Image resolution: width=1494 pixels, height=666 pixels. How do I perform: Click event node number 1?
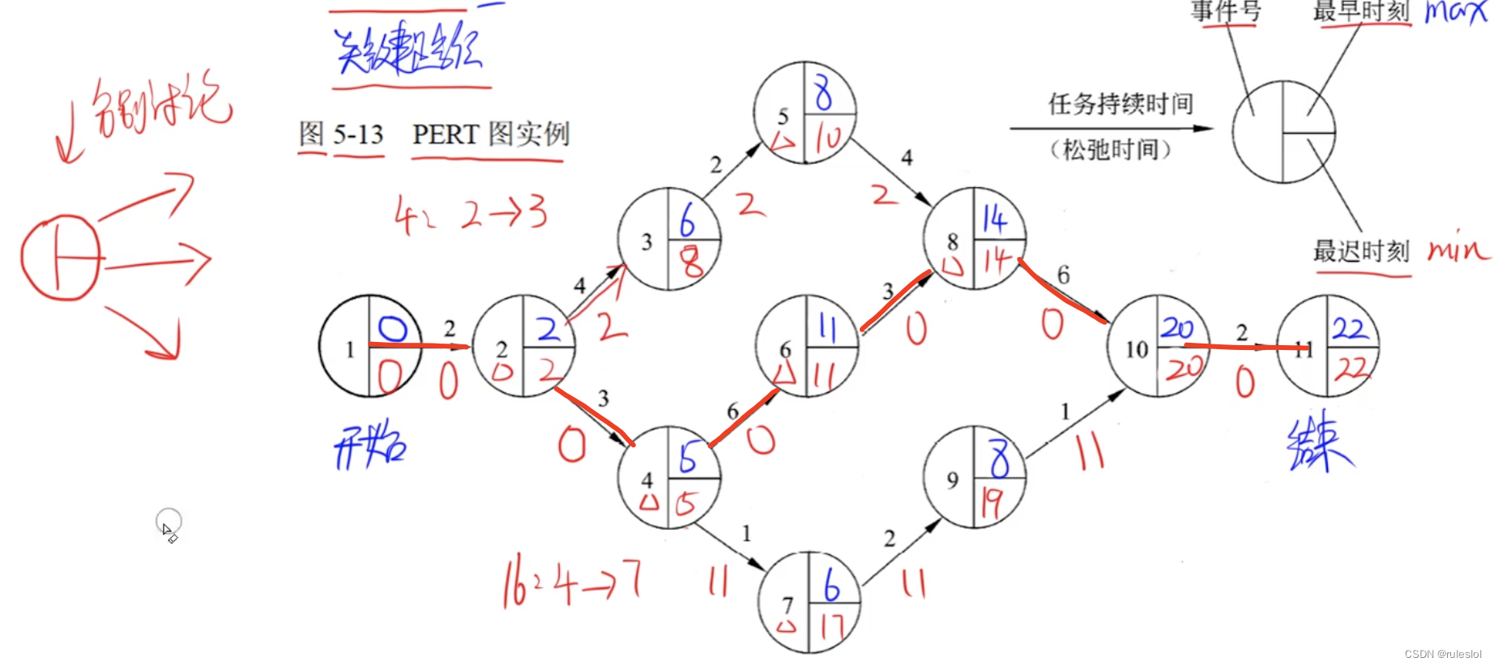pos(370,346)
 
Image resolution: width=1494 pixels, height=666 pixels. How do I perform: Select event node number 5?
pos(805,113)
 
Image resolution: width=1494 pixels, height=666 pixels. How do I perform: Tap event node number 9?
pos(975,477)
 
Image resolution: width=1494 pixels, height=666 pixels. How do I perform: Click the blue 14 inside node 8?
pos(994,219)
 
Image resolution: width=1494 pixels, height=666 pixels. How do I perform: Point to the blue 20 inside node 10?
pos(1177,328)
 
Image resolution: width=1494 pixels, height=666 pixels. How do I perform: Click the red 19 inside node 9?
pos(992,503)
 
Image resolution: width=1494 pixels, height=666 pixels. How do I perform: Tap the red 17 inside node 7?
pos(831,625)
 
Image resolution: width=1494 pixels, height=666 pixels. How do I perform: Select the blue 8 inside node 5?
pos(823,92)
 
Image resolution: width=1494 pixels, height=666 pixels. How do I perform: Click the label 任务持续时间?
pos(1120,104)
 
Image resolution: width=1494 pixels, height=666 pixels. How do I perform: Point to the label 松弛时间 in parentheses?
pos(1110,149)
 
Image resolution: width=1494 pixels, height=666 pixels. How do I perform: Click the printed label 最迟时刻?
pos(1361,251)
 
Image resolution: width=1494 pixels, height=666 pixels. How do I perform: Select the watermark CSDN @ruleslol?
pos(1442,654)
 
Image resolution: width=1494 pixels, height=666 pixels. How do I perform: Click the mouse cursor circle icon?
pos(169,522)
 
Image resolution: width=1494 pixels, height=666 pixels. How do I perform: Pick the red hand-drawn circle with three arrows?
pos(62,258)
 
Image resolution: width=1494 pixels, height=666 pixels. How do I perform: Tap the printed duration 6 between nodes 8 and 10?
pos(1063,275)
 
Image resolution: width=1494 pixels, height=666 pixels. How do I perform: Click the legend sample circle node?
pos(1283,132)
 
